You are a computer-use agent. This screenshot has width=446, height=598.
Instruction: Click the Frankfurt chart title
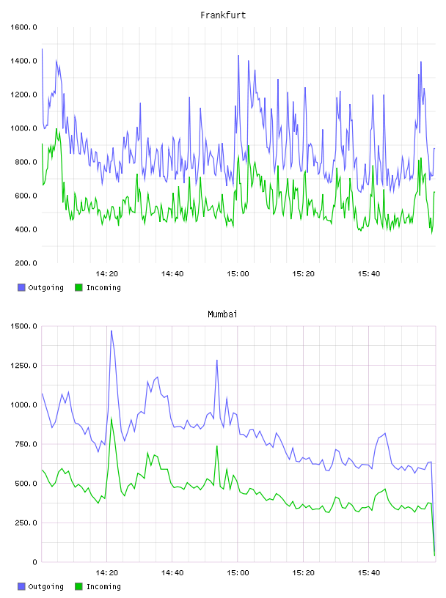[223, 15]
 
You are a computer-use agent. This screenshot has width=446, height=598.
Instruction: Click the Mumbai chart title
[222, 314]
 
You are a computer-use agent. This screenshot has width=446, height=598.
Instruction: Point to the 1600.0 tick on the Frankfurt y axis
[23, 27]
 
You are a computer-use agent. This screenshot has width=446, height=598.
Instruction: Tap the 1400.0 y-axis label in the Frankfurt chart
[23, 61]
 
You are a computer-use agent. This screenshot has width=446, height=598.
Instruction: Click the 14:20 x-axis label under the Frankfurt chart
[107, 274]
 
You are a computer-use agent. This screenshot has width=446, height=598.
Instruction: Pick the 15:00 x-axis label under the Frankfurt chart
[238, 274]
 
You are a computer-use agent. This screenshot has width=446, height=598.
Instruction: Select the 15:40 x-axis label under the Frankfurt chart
[369, 274]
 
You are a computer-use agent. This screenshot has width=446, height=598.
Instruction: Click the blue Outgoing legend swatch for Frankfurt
[21, 287]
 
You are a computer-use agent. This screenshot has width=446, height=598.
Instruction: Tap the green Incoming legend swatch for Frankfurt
[78, 287]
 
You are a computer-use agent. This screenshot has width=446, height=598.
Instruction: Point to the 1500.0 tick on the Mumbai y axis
[23, 326]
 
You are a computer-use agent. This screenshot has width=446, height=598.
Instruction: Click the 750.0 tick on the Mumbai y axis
[26, 444]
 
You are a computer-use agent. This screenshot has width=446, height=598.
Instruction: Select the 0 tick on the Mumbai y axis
[34, 562]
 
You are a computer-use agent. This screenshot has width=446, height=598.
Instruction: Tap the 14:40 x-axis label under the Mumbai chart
[172, 573]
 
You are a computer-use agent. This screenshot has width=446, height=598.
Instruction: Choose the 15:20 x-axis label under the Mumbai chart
[304, 573]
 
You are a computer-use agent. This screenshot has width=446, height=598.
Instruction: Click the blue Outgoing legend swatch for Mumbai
[21, 586]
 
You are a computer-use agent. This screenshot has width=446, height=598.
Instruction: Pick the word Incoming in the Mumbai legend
[103, 587]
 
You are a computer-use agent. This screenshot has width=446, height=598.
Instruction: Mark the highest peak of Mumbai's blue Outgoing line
[111, 331]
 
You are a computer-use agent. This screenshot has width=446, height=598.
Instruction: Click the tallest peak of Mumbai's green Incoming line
[111, 418]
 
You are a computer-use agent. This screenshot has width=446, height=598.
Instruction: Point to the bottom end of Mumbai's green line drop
[434, 555]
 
